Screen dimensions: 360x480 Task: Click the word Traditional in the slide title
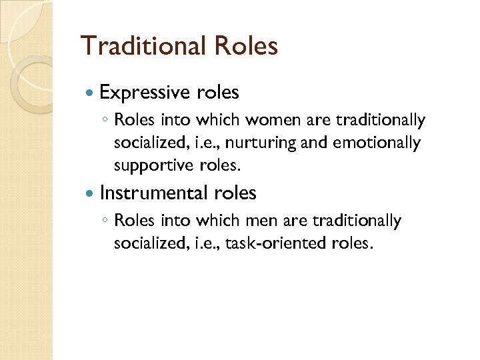point(143,47)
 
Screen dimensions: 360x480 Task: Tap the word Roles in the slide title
point(245,47)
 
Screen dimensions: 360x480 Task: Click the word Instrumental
point(154,193)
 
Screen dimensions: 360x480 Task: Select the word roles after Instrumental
point(235,193)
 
